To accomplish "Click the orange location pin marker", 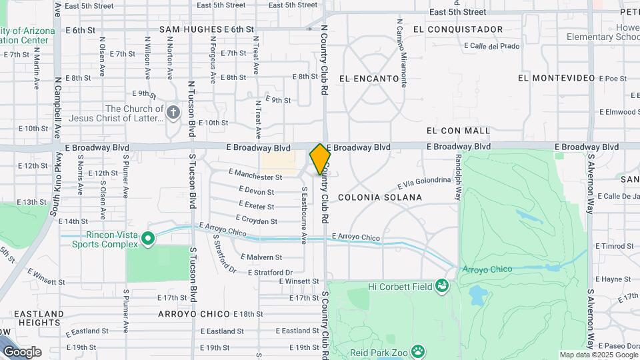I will [320, 159].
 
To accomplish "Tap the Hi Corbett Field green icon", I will [441, 287].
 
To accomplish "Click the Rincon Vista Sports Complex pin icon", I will [148, 238].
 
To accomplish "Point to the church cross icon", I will [173, 111].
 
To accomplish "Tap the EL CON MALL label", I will [458, 131].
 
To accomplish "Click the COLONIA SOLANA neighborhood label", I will [380, 197].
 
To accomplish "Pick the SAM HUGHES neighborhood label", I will [191, 29].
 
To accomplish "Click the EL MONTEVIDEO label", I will [556, 78].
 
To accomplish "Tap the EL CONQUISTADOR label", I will [457, 29].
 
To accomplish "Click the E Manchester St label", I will [255, 177].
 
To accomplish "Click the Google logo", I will [21, 351].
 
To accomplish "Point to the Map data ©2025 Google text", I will [598, 355].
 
